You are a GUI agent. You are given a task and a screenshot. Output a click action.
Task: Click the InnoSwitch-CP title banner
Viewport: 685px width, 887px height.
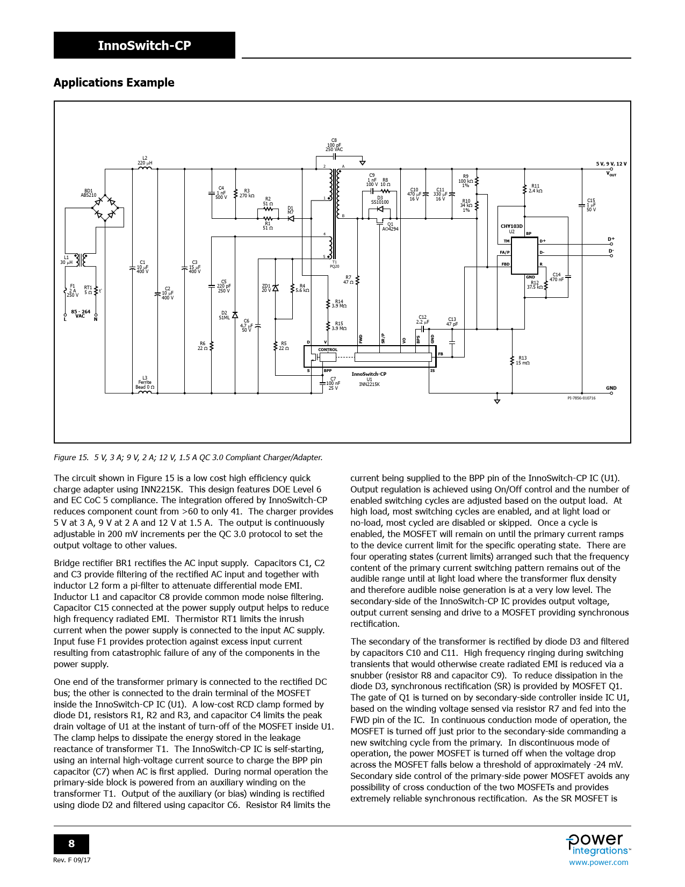[144, 45]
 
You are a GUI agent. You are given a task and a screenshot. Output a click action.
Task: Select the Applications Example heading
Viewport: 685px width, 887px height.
[114, 83]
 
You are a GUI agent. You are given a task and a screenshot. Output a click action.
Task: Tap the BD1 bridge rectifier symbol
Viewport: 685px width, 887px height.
[105, 209]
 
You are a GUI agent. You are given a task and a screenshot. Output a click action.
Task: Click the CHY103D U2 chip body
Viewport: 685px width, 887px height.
[524, 255]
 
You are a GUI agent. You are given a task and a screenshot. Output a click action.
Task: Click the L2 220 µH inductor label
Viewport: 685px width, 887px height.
[145, 161]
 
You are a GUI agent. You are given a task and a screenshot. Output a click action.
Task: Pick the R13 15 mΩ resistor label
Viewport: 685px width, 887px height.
[522, 360]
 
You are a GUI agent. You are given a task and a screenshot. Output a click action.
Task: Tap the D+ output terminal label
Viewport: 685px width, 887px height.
[611, 239]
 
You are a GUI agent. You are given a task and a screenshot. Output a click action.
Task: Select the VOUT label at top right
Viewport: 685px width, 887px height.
[611, 174]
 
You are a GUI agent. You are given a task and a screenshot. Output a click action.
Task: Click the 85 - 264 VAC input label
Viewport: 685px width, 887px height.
[81, 314]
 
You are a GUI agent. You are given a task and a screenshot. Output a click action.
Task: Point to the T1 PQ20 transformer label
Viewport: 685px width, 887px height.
[334, 264]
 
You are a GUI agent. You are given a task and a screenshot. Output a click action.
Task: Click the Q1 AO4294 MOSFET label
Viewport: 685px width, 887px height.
[390, 227]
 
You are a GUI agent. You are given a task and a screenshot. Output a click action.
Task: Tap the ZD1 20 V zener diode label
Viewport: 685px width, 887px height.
[266, 288]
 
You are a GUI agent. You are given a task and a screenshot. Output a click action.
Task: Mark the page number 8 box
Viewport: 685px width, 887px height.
[71, 843]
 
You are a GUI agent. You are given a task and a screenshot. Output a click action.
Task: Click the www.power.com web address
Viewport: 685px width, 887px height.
[599, 862]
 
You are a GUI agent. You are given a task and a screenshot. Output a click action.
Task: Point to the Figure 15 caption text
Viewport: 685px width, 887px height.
[188, 457]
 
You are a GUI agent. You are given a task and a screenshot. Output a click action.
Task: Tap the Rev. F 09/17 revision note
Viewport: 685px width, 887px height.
[72, 860]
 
